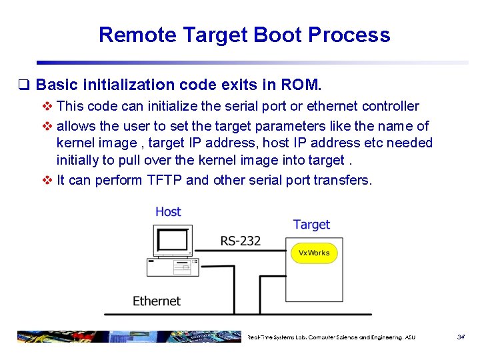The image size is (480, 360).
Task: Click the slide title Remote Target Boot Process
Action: pyautogui.click(x=244, y=35)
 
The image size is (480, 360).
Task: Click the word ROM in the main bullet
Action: pyautogui.click(x=300, y=85)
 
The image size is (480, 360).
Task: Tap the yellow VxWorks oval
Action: pyautogui.click(x=314, y=253)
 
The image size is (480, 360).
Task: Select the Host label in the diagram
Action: pyautogui.click(x=168, y=211)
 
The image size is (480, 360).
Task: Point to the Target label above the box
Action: pyautogui.click(x=311, y=224)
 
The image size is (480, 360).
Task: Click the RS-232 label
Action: pyautogui.click(x=241, y=240)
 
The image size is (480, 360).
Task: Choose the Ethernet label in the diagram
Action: pyautogui.click(x=157, y=301)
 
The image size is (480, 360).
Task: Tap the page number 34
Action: pyautogui.click(x=461, y=337)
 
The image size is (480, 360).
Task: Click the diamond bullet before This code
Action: pyautogui.click(x=47, y=106)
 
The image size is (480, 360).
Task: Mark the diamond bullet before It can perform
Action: pyautogui.click(x=47, y=180)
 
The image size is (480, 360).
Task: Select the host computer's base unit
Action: pyautogui.click(x=171, y=267)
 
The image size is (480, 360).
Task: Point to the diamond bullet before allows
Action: pyautogui.click(x=47, y=125)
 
